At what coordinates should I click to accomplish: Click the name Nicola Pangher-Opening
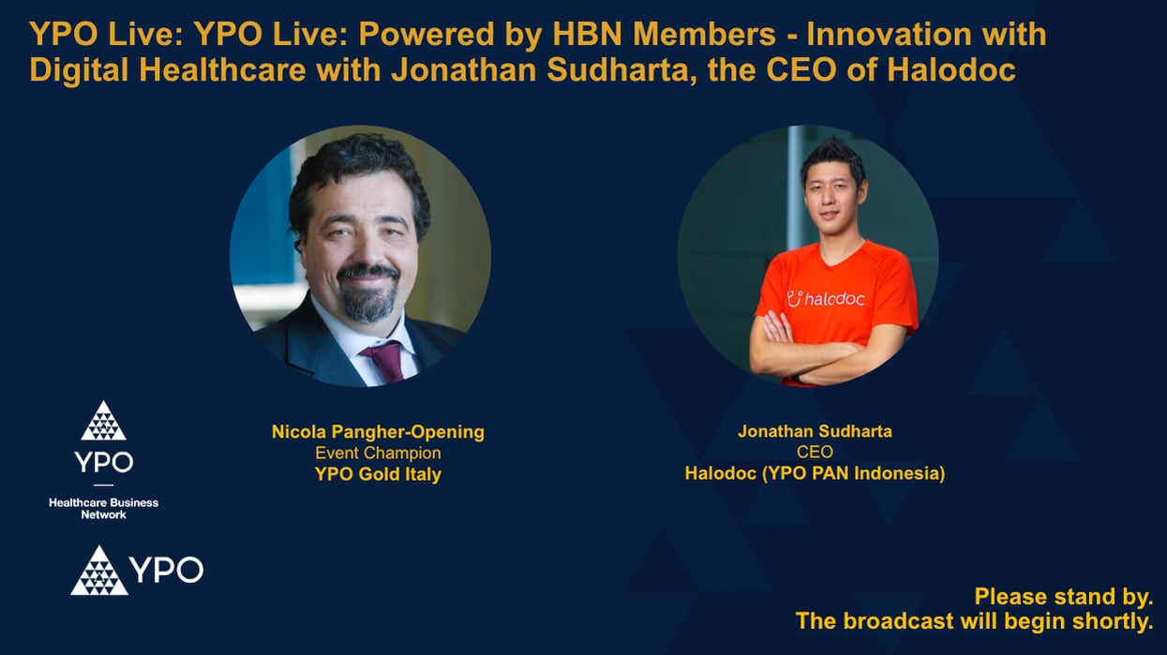378,432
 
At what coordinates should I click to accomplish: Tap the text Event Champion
378,453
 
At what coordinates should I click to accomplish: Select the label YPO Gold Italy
378,474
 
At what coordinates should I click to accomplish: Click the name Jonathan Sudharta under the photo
815,432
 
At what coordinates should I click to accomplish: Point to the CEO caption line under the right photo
815,453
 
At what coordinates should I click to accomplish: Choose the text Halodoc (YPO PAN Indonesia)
815,474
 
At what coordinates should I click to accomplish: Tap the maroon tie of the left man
384,360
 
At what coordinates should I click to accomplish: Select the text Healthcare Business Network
103,509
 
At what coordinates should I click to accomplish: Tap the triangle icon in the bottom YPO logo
98,571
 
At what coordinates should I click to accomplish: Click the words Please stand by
1063,597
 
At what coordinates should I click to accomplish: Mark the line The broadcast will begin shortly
974,620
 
